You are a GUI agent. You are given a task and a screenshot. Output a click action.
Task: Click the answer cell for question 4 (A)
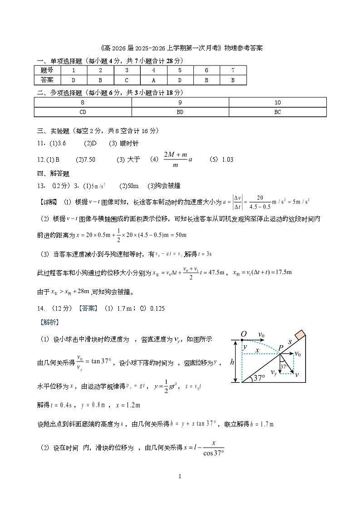point(153,80)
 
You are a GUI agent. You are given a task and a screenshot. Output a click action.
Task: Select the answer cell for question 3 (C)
point(127,80)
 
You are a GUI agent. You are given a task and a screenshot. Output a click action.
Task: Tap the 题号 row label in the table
point(47,70)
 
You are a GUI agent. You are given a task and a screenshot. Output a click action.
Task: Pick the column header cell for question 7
point(233,70)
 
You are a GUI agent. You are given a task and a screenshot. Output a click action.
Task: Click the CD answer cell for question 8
point(83,112)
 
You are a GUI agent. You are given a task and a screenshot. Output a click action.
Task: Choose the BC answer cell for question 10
point(277,112)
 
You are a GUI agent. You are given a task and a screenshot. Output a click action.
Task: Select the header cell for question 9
point(180,103)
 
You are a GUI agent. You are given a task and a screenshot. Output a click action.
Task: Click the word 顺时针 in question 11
point(129,144)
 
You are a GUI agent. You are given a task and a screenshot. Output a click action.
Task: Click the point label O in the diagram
point(244,335)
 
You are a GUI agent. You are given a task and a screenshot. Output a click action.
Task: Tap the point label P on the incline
point(281,348)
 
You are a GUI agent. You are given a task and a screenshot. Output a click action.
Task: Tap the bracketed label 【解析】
point(47,322)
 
